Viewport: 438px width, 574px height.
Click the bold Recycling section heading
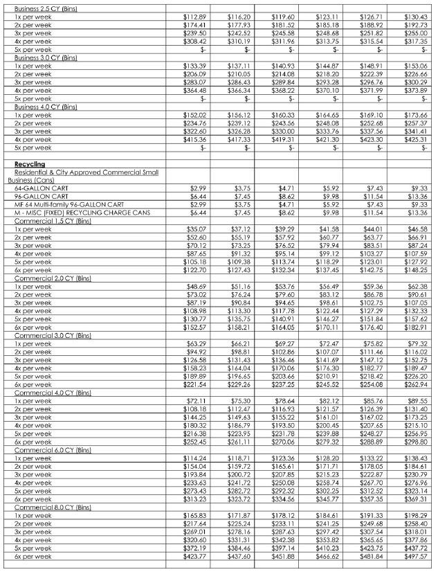coord(29,164)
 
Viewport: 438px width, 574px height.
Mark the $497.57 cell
coord(415,557)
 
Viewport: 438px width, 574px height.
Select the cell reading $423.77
coord(196,557)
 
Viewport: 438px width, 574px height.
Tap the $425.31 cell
coord(415,140)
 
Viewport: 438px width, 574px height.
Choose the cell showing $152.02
coord(196,116)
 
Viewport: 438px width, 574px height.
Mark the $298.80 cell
coord(415,442)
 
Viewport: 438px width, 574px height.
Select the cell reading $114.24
coord(196,458)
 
